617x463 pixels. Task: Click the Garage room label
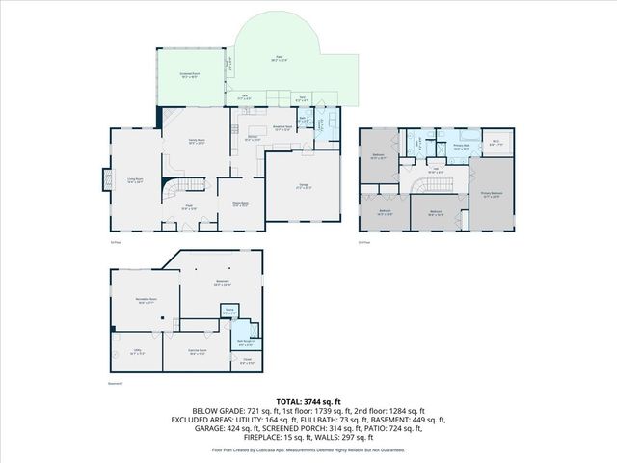click(x=304, y=186)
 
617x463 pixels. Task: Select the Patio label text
click(x=279, y=60)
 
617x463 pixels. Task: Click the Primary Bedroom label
click(x=492, y=194)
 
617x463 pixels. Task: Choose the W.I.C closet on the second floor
click(x=496, y=143)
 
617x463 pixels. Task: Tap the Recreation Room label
click(x=146, y=301)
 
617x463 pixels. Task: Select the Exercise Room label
click(x=199, y=353)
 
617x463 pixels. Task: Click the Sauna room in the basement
click(x=229, y=312)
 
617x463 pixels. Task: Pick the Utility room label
click(x=137, y=353)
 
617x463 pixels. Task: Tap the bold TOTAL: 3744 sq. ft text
click(x=308, y=400)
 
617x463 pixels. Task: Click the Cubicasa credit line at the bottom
click(x=308, y=449)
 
